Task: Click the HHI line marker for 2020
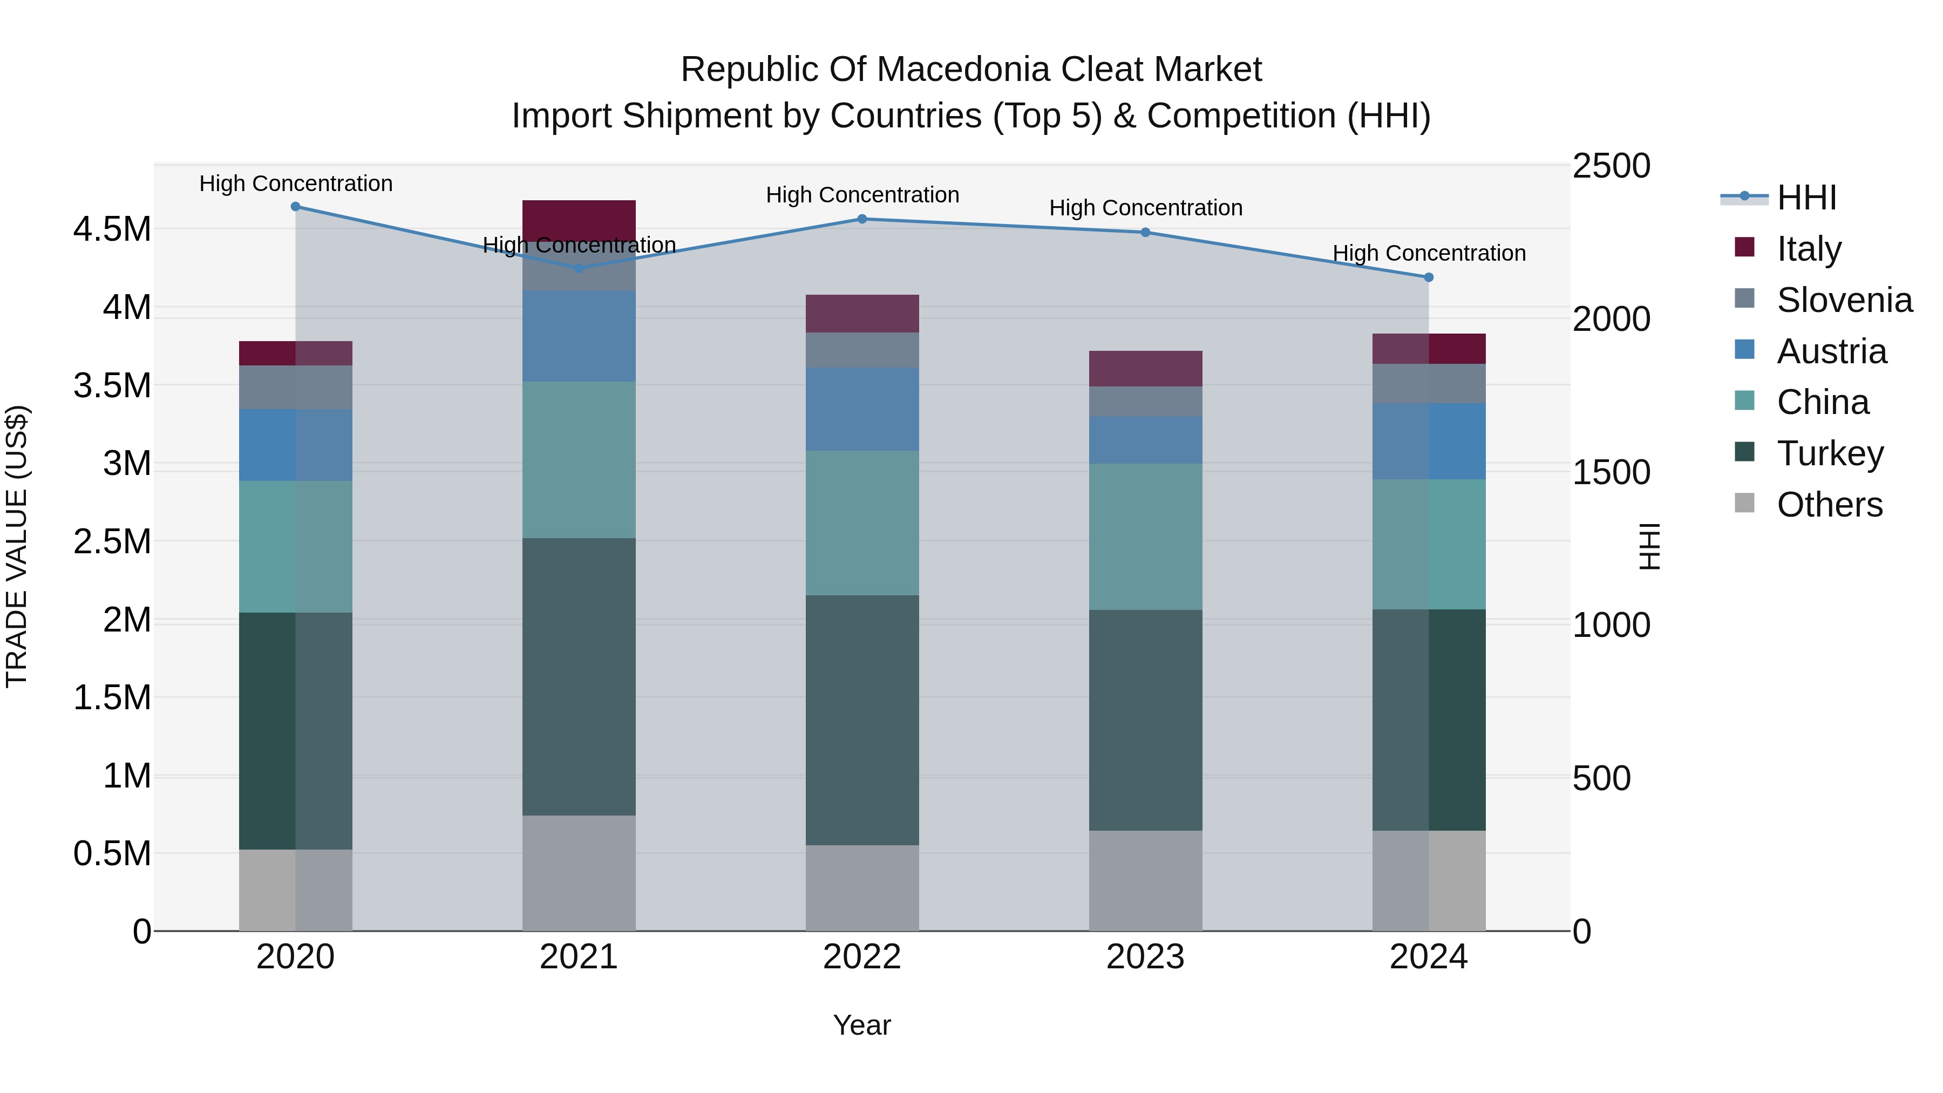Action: [x=296, y=207]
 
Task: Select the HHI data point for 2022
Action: [x=862, y=219]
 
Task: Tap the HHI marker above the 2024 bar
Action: [x=1429, y=277]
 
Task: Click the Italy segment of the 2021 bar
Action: [x=579, y=221]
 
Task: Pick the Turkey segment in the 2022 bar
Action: [x=862, y=721]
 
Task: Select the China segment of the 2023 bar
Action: [x=1146, y=537]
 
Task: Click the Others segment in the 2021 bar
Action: [x=579, y=873]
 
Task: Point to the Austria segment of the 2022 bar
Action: [x=862, y=410]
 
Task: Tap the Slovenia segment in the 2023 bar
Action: [x=1146, y=402]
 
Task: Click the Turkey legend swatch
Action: [x=1744, y=452]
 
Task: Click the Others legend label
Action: [x=1830, y=505]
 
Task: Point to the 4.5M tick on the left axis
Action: [x=112, y=229]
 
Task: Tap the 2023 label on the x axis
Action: [x=1146, y=957]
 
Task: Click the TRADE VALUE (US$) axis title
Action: [x=17, y=547]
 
